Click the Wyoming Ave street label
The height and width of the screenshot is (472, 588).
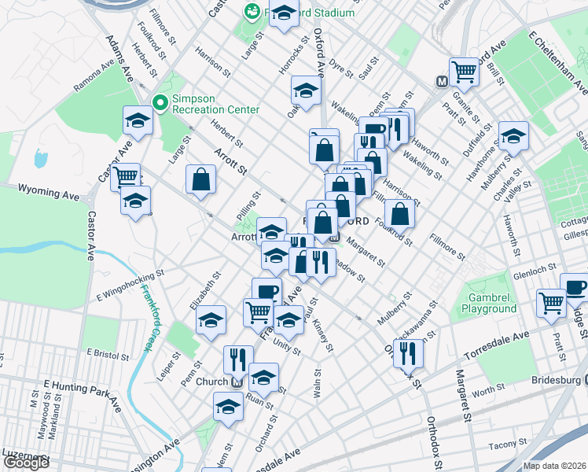coord(50,190)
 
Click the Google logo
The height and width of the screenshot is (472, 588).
coord(26,463)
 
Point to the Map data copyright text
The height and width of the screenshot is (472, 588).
coord(554,466)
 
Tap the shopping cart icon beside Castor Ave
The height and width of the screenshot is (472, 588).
coord(125,176)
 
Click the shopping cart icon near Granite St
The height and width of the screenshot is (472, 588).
coord(465,71)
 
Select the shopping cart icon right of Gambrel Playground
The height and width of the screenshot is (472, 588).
coord(552,302)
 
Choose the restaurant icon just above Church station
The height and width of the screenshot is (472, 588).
coord(238,360)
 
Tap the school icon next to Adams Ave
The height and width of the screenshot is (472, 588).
coord(138,121)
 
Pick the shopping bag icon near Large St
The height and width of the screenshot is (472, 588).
coord(201,179)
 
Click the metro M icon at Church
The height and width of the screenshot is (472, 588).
coord(237,382)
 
